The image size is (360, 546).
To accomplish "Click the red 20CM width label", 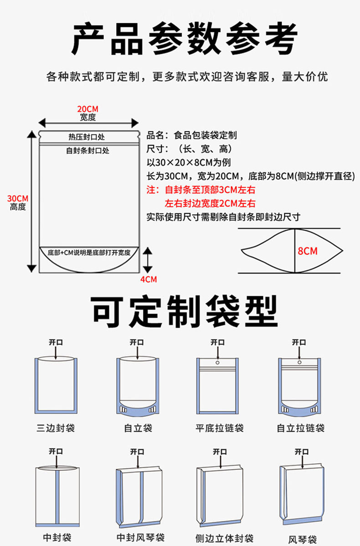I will pyautogui.click(x=87, y=109).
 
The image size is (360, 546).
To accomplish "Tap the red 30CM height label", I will pyautogui.click(x=18, y=198).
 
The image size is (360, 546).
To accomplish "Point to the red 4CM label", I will pyautogui.click(x=148, y=279).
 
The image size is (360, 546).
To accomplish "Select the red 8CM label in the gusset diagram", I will pyautogui.click(x=308, y=251).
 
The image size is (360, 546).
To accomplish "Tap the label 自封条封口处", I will pyautogui.click(x=87, y=150).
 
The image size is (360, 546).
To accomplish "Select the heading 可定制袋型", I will pyautogui.click(x=185, y=311).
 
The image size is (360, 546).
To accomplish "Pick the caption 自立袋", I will pyautogui.click(x=138, y=428).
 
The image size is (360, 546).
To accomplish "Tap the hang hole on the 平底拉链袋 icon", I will pyautogui.click(x=217, y=363).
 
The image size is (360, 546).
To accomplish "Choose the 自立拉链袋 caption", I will pyautogui.click(x=301, y=428).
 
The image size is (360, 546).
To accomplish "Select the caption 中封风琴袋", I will pyautogui.click(x=141, y=537).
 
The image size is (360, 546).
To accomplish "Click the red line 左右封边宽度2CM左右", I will pyautogui.click(x=210, y=203).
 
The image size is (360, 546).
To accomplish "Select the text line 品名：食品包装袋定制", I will pyautogui.click(x=191, y=135).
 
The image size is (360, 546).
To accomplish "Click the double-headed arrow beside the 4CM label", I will pyautogui.click(x=147, y=260).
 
